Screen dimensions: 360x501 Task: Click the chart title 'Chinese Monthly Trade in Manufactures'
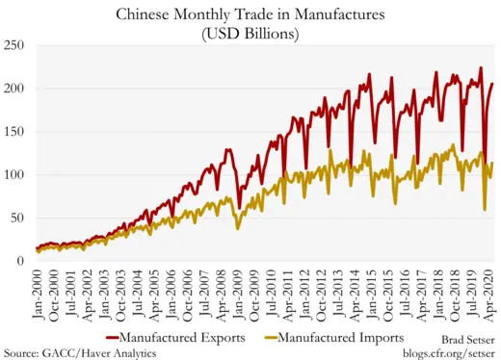point(250,15)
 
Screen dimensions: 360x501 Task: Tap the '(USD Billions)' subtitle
point(250,34)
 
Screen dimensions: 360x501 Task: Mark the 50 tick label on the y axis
point(18,219)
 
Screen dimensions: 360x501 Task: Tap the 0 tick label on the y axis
point(22,261)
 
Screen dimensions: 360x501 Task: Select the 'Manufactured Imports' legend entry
point(347,338)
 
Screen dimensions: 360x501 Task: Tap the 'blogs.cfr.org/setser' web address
point(447,353)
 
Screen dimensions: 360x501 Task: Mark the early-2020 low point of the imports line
point(484,209)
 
